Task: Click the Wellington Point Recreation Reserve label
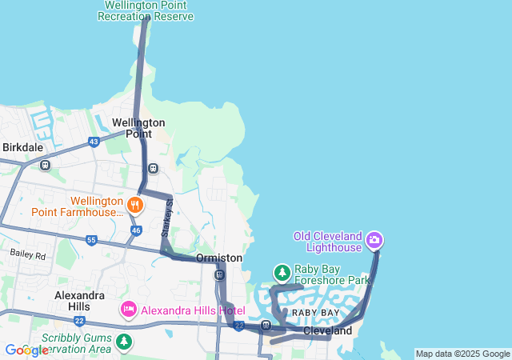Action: click(x=148, y=10)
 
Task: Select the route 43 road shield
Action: click(x=94, y=142)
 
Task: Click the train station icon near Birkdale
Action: click(x=45, y=166)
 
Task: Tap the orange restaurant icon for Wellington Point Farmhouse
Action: click(x=134, y=206)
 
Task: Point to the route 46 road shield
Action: click(x=136, y=230)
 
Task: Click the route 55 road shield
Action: click(x=91, y=240)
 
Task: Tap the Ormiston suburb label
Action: click(x=219, y=258)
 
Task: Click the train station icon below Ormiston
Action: click(x=219, y=275)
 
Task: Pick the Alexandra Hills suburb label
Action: click(x=79, y=301)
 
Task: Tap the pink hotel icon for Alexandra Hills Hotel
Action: click(x=128, y=309)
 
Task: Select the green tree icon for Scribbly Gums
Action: click(x=124, y=342)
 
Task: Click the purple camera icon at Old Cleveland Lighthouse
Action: click(x=374, y=239)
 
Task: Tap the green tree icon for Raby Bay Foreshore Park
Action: click(x=282, y=274)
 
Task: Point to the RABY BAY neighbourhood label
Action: click(x=315, y=313)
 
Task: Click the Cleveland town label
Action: click(x=327, y=330)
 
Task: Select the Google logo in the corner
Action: click(x=26, y=350)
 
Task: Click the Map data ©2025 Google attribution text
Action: click(x=462, y=354)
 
